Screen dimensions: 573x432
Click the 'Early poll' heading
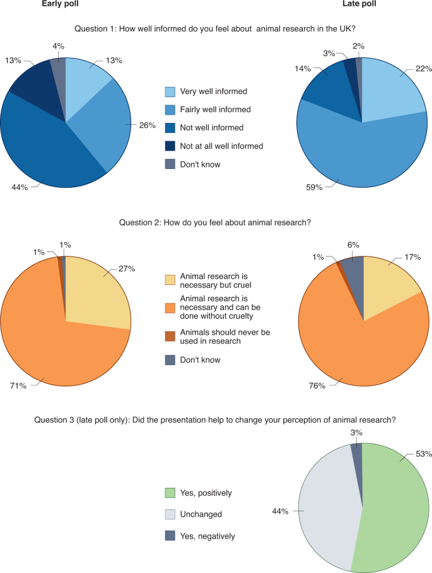tap(61, 4)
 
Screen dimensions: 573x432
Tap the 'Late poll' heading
tap(360, 4)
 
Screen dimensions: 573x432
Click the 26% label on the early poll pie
tap(147, 125)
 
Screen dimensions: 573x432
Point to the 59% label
tap(313, 187)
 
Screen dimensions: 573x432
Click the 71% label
tap(18, 385)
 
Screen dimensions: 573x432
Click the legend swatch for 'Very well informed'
tap(170, 91)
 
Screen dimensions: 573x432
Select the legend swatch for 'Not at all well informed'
tap(170, 146)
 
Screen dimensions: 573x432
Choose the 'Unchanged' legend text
tap(201, 514)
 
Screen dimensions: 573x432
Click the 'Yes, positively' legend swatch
tap(170, 492)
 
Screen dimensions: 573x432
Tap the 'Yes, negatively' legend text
tap(207, 536)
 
